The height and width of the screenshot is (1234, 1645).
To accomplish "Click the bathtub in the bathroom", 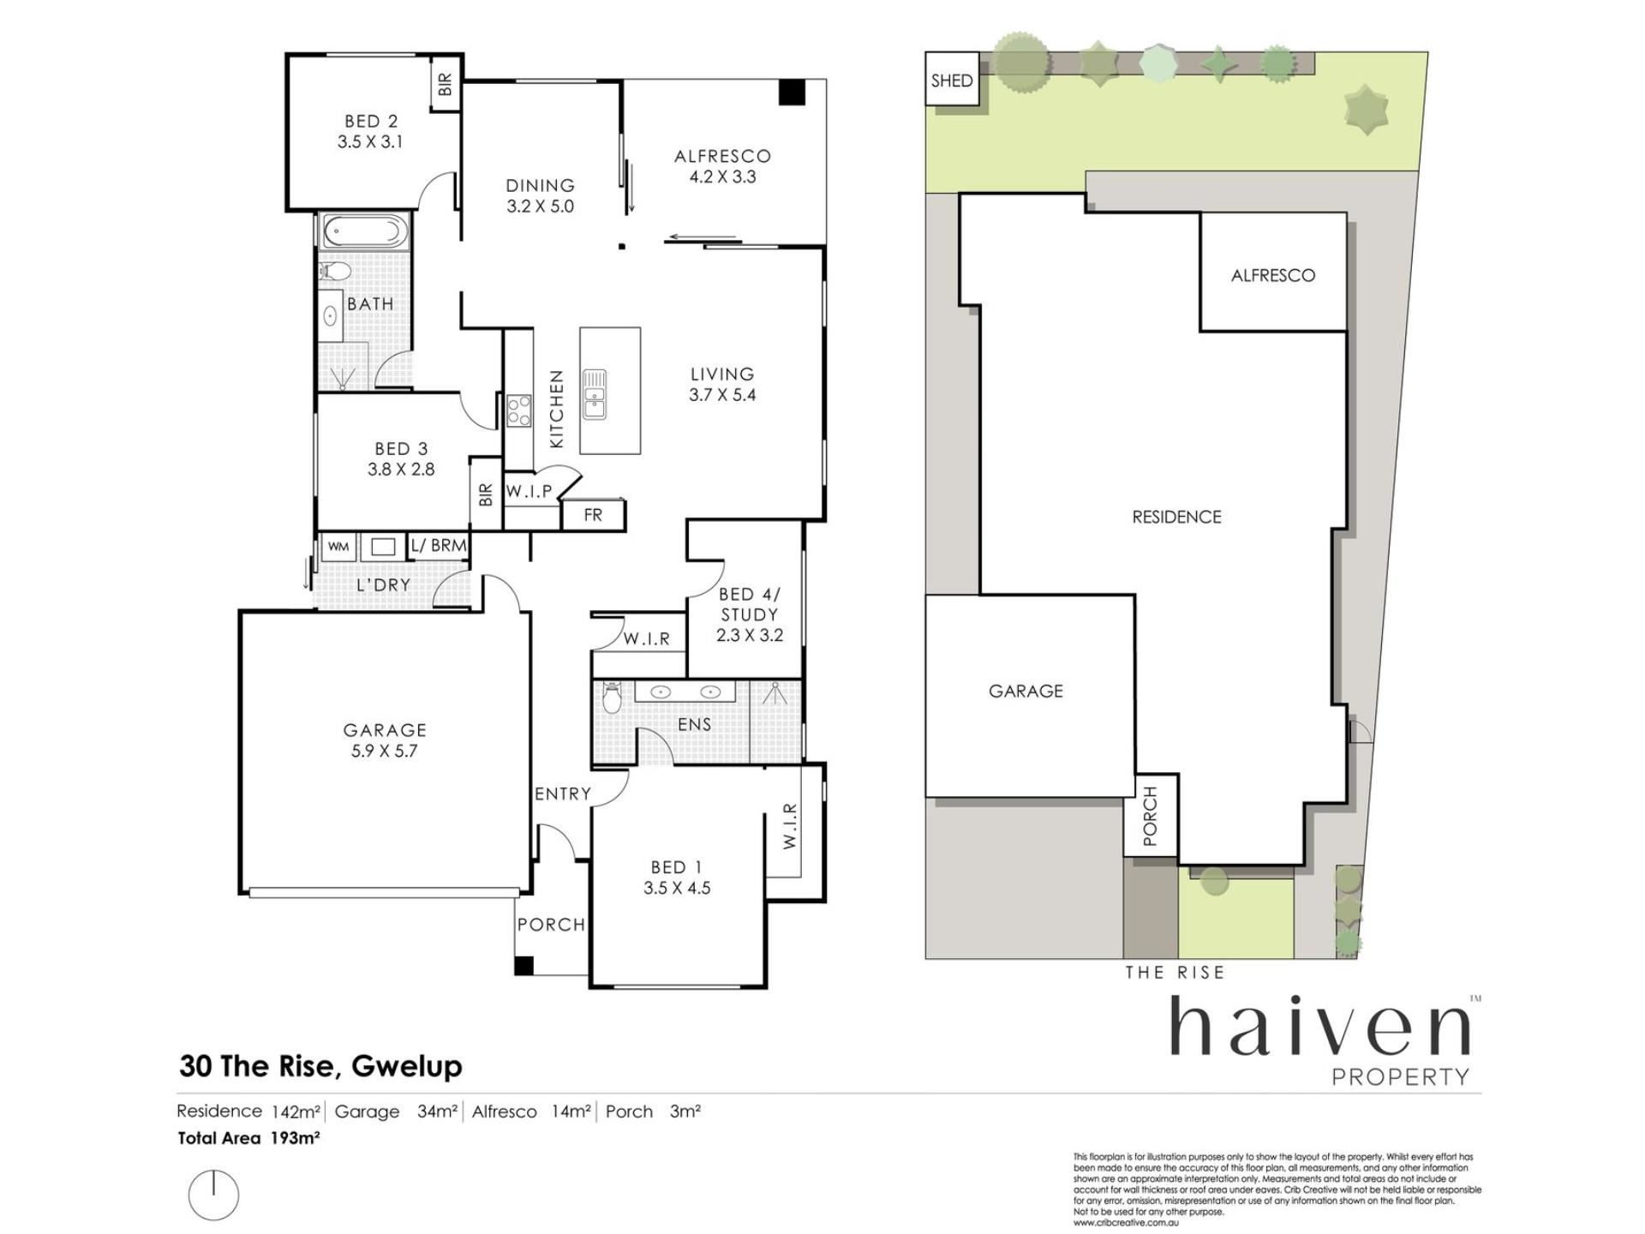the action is (363, 231).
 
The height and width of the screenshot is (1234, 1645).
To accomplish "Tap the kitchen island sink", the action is (594, 394).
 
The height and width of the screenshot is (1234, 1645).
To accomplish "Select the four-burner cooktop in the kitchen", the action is (518, 410).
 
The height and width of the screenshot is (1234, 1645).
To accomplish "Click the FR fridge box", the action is (593, 515).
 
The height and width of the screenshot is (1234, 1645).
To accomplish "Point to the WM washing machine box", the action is (338, 546).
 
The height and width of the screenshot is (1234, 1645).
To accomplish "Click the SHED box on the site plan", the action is (952, 80).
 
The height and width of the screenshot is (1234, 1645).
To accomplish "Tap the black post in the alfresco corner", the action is (792, 92).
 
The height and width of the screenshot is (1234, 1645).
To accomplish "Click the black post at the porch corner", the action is (523, 965).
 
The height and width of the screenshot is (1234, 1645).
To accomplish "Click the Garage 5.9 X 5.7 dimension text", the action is (385, 751).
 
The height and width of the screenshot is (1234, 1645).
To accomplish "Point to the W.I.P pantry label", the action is (529, 491).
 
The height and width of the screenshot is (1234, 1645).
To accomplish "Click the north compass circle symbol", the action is (213, 1195).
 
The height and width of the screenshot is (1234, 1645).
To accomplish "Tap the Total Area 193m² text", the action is (248, 1138).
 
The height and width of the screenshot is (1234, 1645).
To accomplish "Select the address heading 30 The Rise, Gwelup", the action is (320, 1065).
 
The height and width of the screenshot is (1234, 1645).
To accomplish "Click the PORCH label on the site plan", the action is (1150, 816).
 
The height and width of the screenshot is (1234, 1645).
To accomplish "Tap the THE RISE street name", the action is (1175, 972).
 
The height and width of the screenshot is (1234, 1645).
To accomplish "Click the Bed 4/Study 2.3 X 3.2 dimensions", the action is (750, 635).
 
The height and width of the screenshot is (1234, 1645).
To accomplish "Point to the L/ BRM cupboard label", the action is (439, 545).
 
